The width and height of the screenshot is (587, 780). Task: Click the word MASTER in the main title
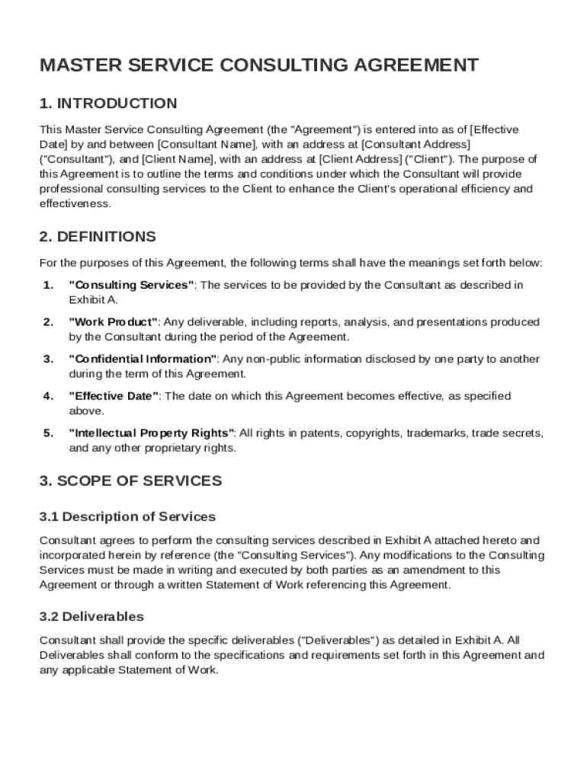[x=74, y=66]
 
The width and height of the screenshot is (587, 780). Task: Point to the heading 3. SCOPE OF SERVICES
[x=130, y=481]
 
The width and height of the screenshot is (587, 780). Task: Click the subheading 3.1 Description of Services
[x=127, y=517]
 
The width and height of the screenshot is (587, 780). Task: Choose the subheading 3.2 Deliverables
[x=91, y=616]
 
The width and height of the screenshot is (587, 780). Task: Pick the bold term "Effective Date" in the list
[x=114, y=396]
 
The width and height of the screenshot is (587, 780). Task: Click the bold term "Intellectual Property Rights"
[x=152, y=433]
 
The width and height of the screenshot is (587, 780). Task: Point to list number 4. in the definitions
[x=48, y=396]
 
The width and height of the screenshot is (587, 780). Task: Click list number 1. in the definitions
[x=48, y=285]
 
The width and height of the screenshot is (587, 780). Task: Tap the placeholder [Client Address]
[x=361, y=159]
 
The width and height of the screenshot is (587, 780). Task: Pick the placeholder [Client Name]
[x=179, y=159]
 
